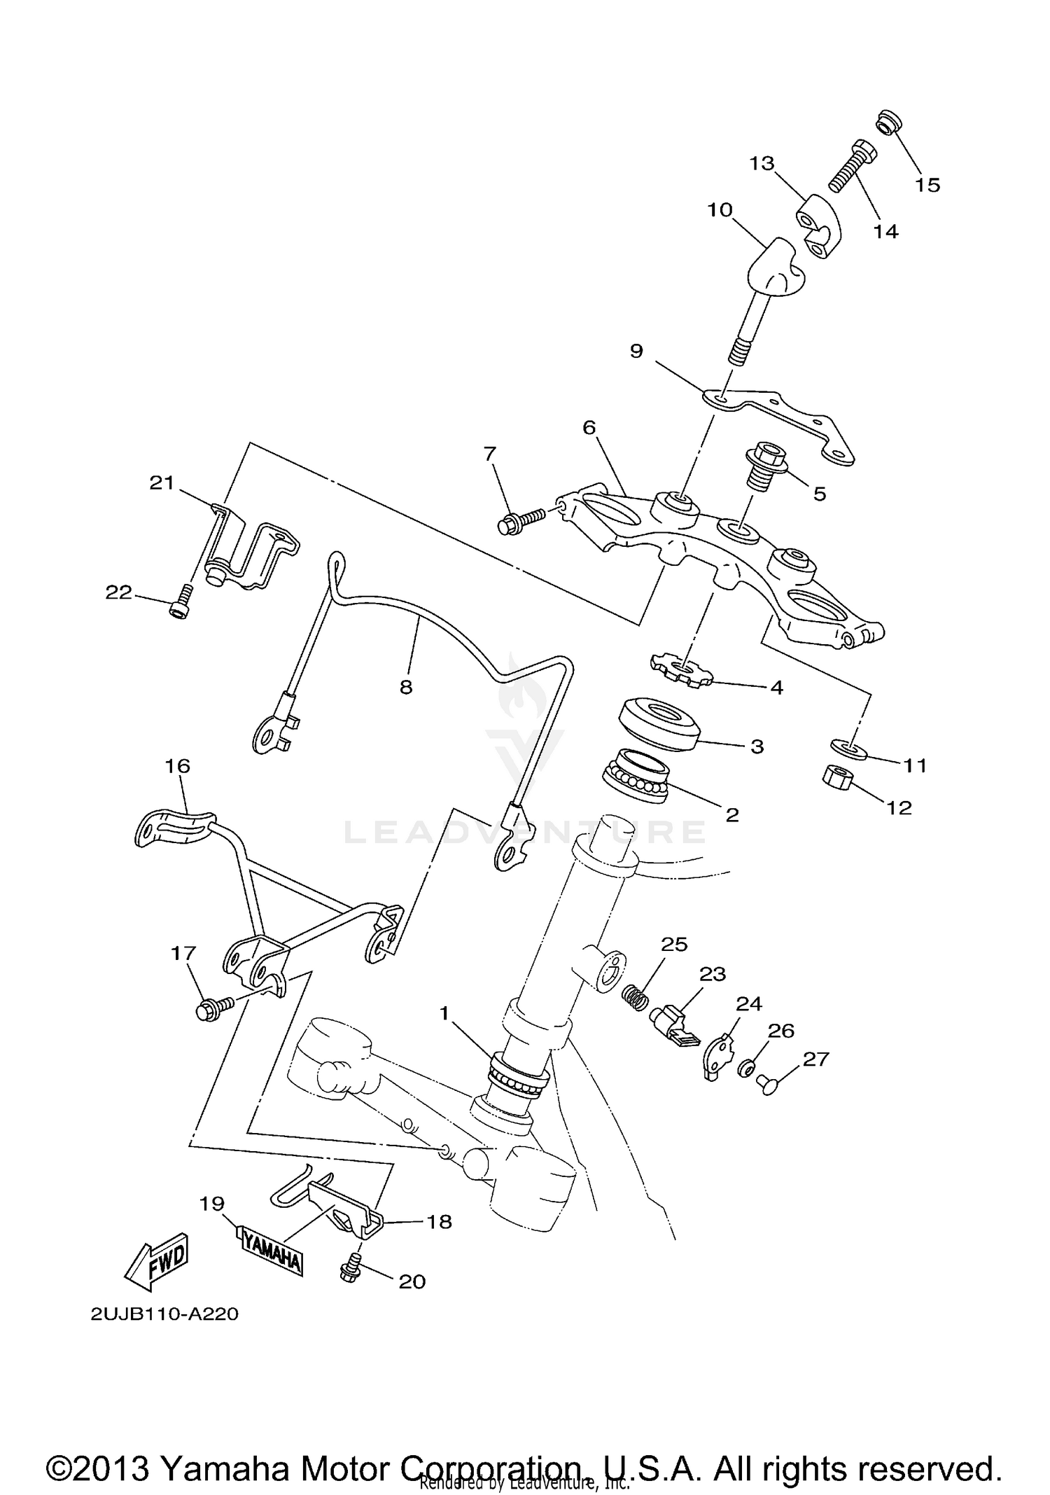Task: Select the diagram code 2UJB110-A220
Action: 164,1314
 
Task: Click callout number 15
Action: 927,185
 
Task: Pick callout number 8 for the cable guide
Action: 406,687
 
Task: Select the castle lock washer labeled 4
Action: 680,670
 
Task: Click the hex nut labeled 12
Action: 836,777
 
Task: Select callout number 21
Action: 162,482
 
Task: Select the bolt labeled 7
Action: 519,520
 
